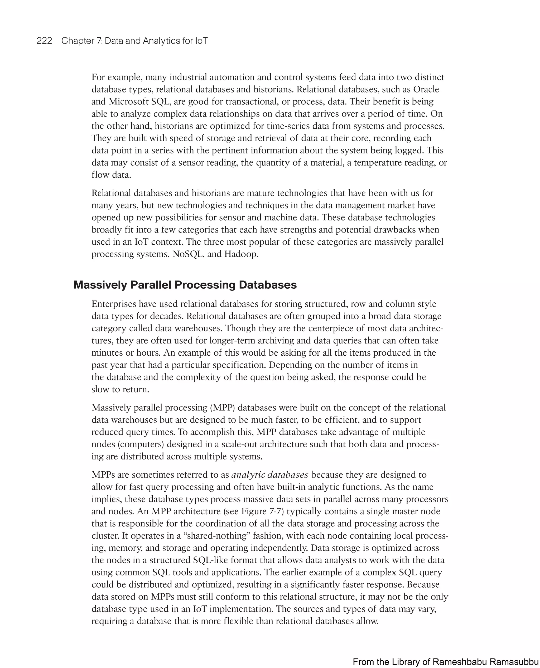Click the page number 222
[44, 41]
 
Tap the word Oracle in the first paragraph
[426, 89]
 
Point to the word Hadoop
[241, 254]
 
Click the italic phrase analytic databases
[270, 475]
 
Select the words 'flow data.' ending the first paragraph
[111, 175]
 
